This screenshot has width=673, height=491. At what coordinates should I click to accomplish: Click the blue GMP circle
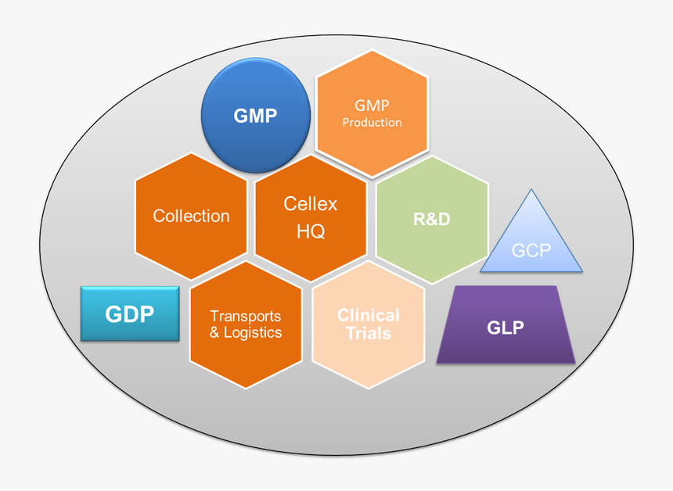coord(255,116)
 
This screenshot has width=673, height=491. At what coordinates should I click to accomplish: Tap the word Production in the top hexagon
coord(372,122)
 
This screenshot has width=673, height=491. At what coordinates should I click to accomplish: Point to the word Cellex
coord(311,204)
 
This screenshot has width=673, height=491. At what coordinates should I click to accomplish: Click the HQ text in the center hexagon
coord(311,231)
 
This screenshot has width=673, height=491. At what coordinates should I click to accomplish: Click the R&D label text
coord(432,219)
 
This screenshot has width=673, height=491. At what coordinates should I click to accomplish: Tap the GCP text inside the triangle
coord(532,250)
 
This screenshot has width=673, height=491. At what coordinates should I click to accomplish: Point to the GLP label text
coord(506,327)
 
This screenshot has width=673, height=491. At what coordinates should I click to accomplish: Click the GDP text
coord(130,314)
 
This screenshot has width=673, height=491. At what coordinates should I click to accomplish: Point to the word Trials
coord(369,333)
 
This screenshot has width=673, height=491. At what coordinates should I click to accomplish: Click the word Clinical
coord(369,315)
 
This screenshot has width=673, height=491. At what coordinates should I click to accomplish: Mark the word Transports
coord(246,316)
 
